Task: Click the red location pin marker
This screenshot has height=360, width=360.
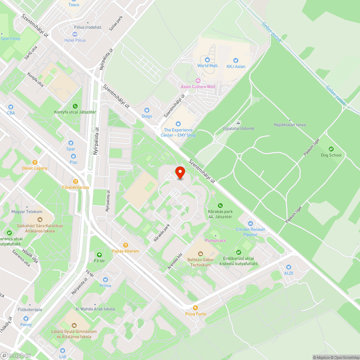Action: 180,172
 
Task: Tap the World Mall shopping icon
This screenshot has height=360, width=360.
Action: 207,60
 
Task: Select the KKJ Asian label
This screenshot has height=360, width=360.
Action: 236,66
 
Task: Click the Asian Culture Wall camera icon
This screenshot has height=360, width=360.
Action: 198,81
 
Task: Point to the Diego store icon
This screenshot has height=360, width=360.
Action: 147,110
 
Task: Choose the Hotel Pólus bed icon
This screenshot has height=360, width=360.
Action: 75,34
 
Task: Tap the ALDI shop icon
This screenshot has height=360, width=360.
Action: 288,267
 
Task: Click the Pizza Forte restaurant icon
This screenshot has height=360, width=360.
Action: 195,308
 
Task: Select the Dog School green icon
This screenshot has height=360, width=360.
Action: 331,149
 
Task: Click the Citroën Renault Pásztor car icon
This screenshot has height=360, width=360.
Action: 251,223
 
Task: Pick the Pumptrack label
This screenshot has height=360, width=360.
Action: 216,240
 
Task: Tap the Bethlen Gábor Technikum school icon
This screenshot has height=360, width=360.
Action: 201,254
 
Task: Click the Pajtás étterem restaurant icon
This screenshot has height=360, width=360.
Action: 126,245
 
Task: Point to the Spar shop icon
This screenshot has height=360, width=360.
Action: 71,143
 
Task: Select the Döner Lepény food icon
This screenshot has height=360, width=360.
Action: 35,162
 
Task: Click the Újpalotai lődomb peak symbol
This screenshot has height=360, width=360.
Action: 238,123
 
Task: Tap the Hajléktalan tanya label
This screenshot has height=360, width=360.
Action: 290,125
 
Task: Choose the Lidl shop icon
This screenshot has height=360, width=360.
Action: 63,351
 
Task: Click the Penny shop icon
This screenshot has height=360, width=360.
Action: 26,319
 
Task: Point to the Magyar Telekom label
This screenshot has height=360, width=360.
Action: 27,212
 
